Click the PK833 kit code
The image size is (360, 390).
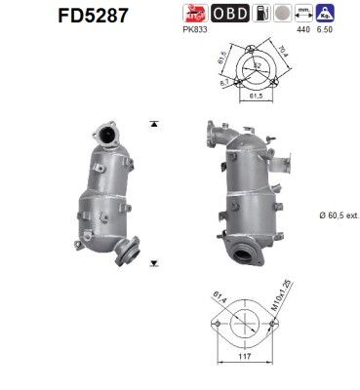coord(192,32)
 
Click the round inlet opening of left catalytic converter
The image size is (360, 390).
coord(102,129)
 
